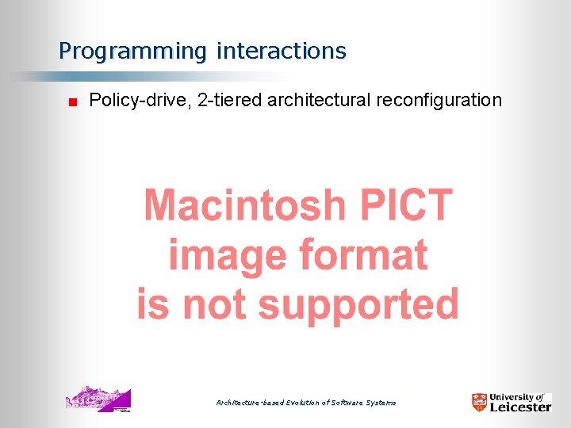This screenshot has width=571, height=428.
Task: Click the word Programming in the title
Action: tap(132, 52)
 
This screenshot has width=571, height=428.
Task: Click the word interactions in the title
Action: tap(281, 52)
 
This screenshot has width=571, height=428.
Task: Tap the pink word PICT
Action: tap(406, 206)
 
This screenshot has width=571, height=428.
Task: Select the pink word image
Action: tap(228, 256)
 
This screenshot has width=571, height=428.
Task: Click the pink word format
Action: tap(363, 256)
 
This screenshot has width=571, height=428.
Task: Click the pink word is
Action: tap(152, 305)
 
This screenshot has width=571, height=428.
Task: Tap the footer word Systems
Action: tap(381, 403)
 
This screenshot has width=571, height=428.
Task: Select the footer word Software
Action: tap(343, 403)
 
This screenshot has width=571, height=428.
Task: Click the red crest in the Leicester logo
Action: tap(479, 402)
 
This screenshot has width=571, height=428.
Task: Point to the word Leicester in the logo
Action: tap(519, 407)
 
